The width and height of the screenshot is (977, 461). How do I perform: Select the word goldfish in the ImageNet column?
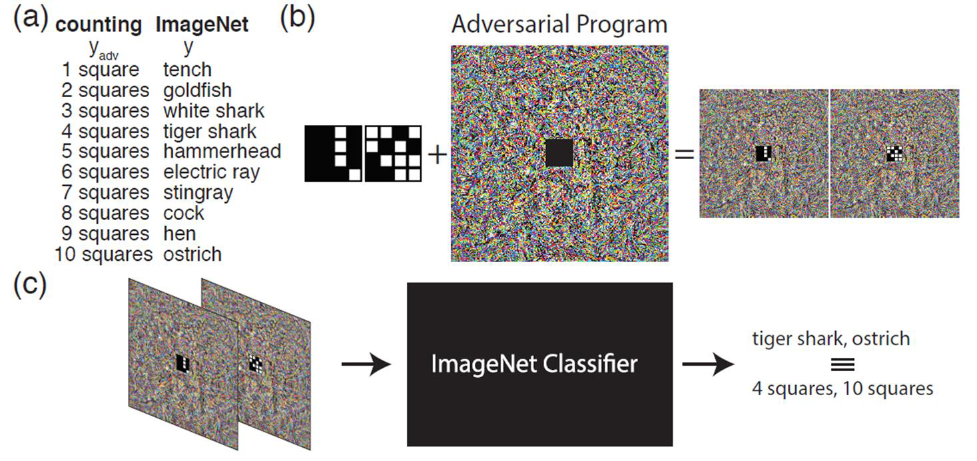(197, 90)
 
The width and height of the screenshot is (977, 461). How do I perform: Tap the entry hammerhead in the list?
(222, 151)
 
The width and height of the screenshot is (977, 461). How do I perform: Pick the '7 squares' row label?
(103, 193)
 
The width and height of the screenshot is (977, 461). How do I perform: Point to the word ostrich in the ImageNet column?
(192, 254)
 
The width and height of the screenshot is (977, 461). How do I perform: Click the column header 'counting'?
(99, 25)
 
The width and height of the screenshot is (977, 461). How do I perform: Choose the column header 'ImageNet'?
(202, 25)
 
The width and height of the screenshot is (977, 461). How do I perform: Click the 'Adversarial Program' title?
(559, 25)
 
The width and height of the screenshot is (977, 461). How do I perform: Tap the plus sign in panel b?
(436, 156)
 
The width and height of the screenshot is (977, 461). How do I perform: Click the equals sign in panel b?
(684, 155)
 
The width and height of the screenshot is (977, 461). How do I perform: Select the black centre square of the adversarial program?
(559, 153)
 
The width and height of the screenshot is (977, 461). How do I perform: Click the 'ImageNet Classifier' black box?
(539, 364)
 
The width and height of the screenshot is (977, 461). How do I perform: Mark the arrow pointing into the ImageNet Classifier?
(366, 365)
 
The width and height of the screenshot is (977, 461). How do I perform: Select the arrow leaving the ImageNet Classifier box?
(708, 365)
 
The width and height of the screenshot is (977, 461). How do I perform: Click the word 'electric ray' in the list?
(211, 172)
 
